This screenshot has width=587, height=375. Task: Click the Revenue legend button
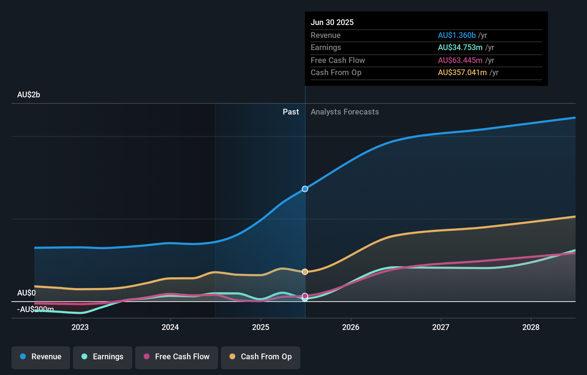click(x=41, y=357)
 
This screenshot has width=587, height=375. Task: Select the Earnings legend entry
click(x=103, y=357)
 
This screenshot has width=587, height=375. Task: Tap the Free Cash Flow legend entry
click(x=177, y=357)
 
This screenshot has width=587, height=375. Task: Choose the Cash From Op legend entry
click(x=261, y=357)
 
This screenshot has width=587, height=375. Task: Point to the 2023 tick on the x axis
click(x=80, y=327)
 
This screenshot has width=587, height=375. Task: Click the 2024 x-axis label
click(x=170, y=327)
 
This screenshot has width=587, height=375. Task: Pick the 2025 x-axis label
click(x=261, y=327)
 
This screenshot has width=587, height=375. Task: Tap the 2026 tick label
click(x=351, y=327)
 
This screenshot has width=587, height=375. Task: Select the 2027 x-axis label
click(x=441, y=327)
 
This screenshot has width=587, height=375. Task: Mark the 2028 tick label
click(x=531, y=327)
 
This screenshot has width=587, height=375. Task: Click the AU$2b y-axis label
click(x=29, y=95)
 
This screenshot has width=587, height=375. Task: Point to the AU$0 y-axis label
click(x=26, y=293)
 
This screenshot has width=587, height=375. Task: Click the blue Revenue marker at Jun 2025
click(x=305, y=189)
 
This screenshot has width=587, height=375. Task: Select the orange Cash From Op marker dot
click(x=305, y=272)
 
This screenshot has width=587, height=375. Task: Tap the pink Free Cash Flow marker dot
click(x=305, y=296)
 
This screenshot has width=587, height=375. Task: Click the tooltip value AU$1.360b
click(x=457, y=35)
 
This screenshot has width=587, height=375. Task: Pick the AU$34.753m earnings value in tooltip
click(x=460, y=48)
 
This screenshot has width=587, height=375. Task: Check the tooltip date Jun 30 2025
click(x=332, y=23)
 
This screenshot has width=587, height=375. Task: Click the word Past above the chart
click(x=291, y=112)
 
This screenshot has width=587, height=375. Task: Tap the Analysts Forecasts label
click(x=345, y=112)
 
